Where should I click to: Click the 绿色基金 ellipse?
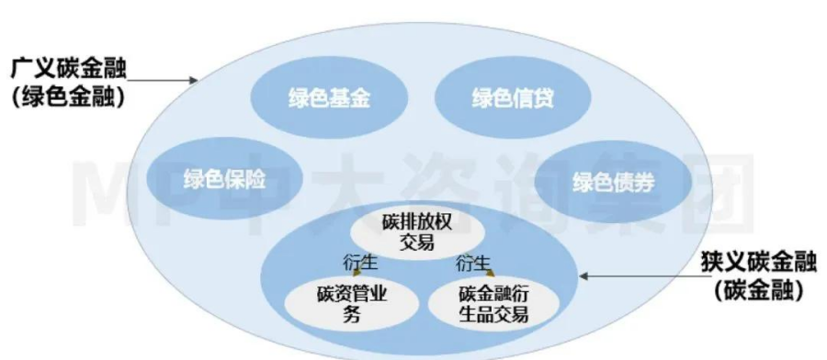316,99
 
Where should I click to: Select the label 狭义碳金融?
758,264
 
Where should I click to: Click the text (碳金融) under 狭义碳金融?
758,291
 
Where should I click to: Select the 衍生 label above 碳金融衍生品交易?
472,261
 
